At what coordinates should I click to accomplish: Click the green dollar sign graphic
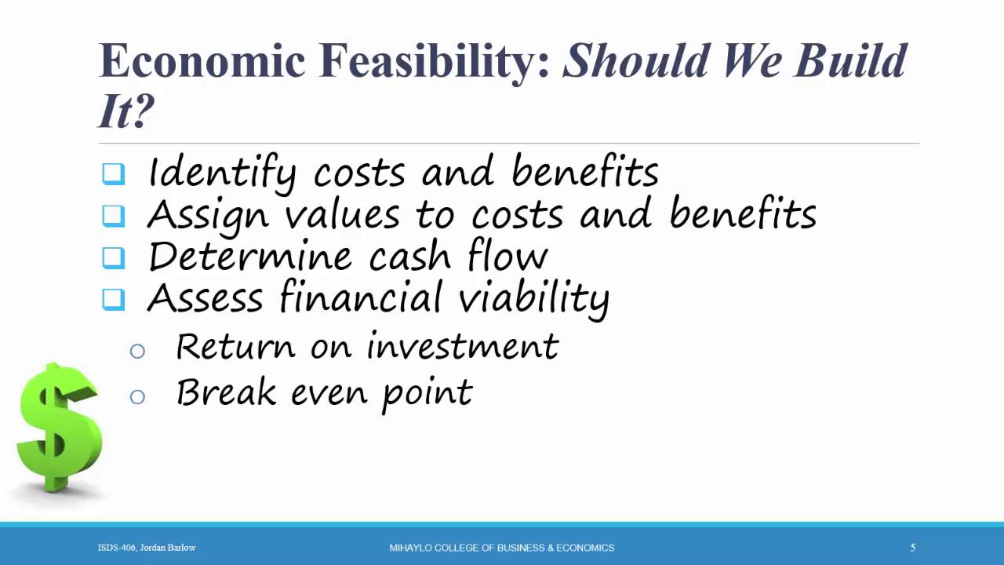coord(60,428)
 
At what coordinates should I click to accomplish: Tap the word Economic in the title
coord(202,61)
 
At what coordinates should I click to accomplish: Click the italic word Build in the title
coord(850,61)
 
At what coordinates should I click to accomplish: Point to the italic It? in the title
coord(125,111)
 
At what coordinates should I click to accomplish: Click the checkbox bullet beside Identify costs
coord(114,173)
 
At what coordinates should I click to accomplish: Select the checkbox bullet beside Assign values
coord(114,215)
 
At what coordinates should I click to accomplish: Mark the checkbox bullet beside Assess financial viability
coord(114,299)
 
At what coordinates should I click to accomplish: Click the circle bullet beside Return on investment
coord(137,351)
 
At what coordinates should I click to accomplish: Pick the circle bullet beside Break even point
coord(137,396)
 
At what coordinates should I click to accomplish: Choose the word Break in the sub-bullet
coord(226,392)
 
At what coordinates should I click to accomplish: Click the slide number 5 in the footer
coord(912,548)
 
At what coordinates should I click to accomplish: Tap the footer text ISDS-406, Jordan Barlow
coord(147,548)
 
